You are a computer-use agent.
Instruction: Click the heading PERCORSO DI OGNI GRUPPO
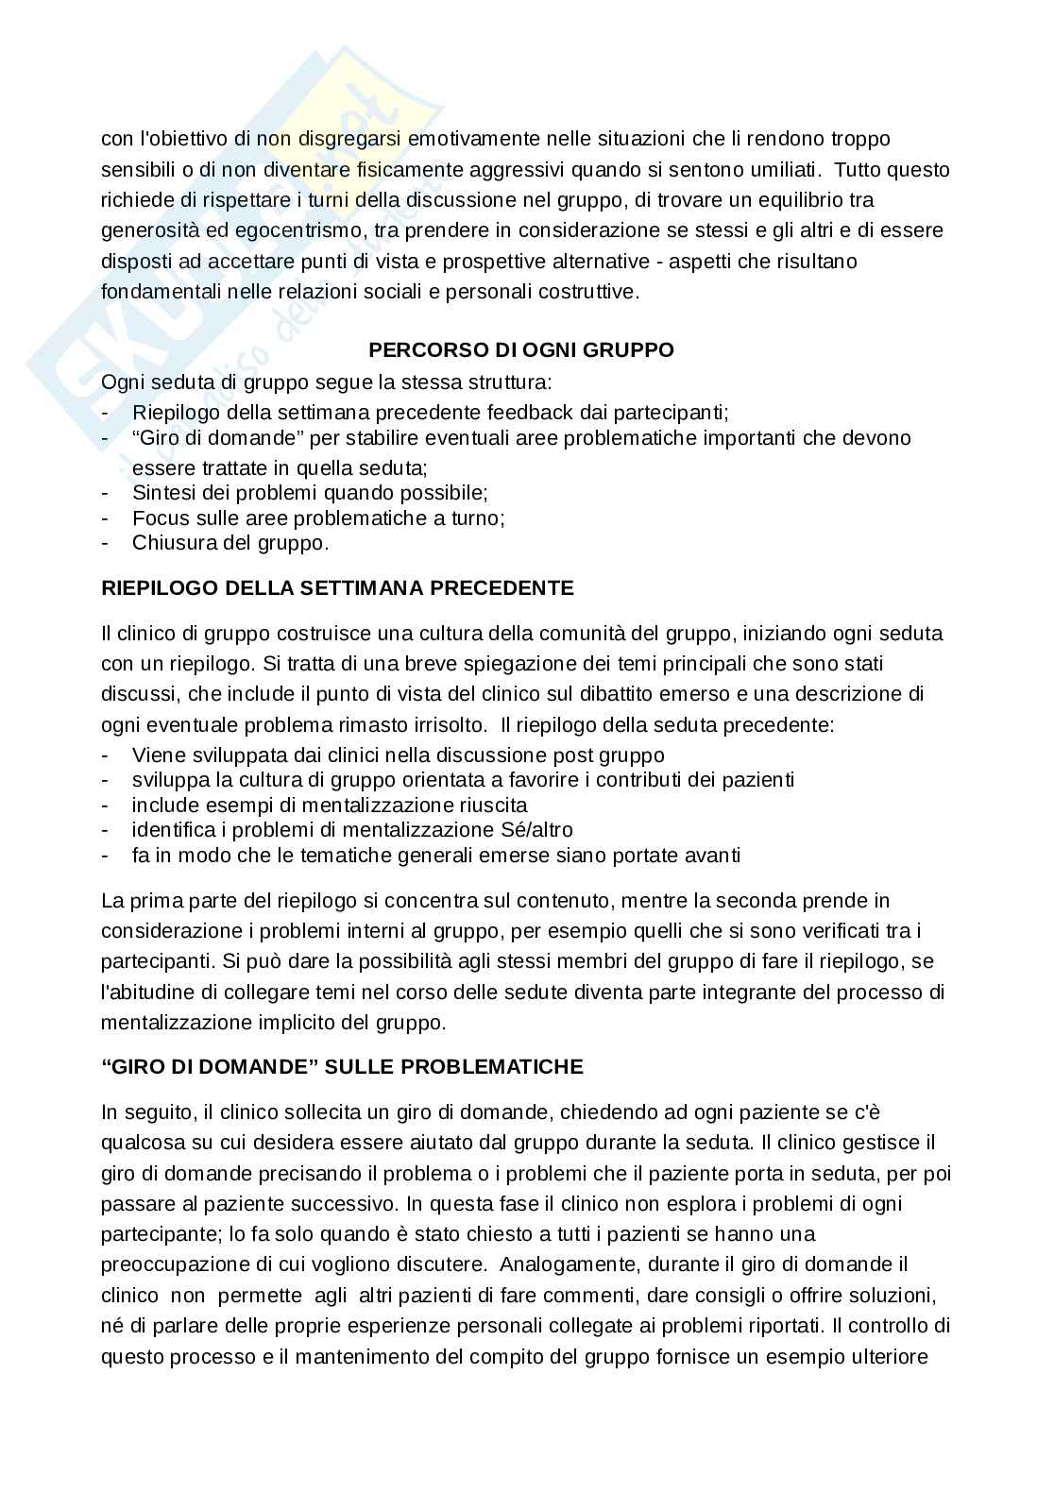click(x=520, y=350)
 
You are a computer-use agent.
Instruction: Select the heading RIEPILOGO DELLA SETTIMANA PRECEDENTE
click(x=337, y=588)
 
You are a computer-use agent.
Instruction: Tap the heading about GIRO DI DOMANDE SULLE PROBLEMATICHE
click(x=342, y=1067)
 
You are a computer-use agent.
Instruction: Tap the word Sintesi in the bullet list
click(x=162, y=493)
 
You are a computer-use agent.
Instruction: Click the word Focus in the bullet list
click(x=157, y=518)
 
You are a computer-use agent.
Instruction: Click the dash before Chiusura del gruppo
click(x=106, y=543)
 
